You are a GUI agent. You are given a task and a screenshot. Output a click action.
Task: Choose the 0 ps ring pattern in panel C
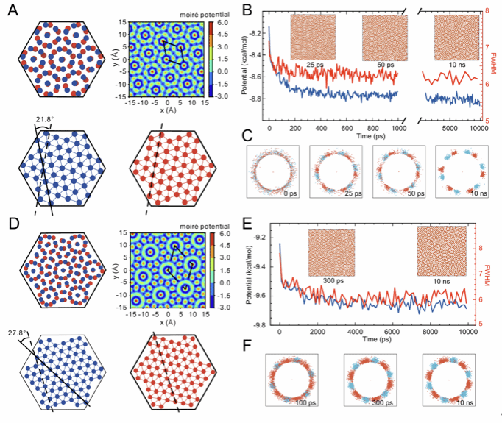(x=275, y=170)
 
